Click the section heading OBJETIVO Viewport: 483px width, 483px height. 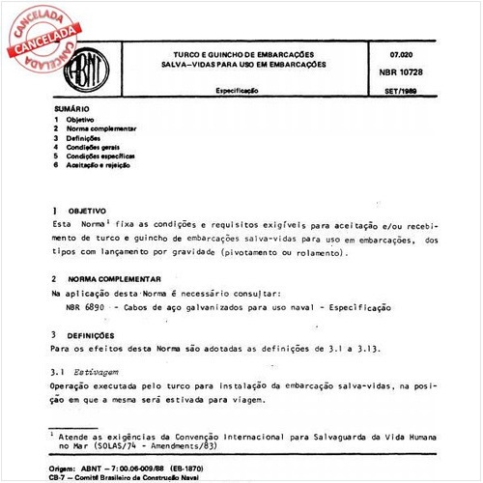[x=86, y=209]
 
